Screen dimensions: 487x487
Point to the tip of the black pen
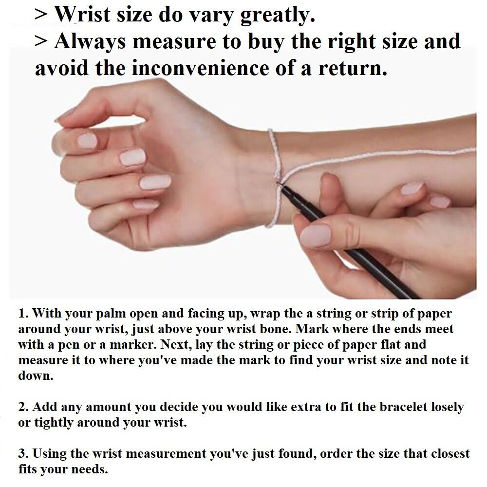[x=279, y=185]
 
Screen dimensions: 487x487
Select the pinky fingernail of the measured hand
[x=146, y=204]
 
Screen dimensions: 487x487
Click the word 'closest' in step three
[x=449, y=453]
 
